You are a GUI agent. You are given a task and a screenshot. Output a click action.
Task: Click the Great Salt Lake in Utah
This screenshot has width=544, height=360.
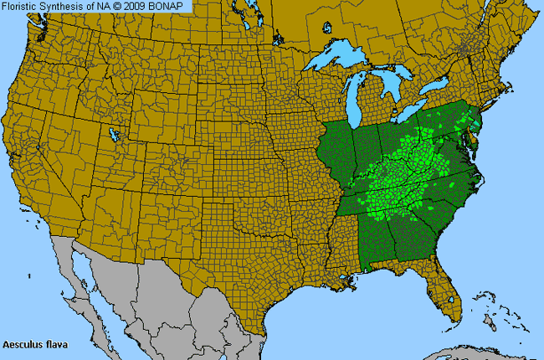click(111, 134)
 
